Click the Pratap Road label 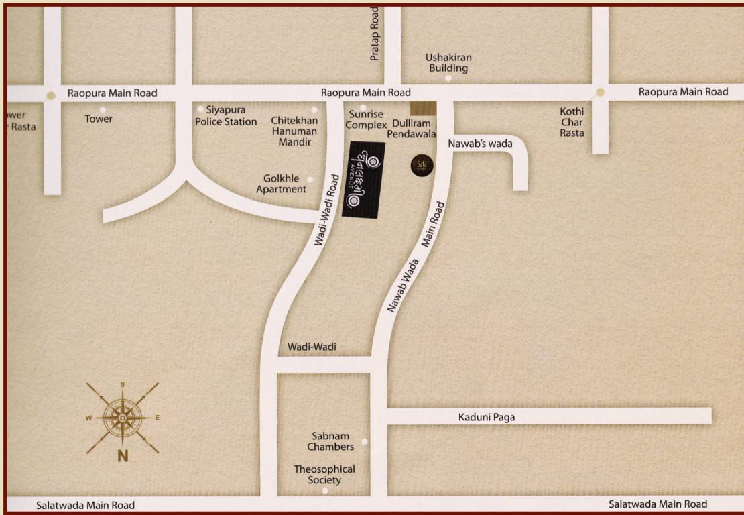click(375, 35)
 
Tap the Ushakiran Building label click(448, 62)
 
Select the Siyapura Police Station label click(226, 115)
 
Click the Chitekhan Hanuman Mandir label click(294, 131)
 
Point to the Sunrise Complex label click(365, 120)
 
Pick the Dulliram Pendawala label click(412, 129)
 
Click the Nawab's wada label click(480, 143)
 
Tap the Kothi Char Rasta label click(573, 122)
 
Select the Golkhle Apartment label click(282, 184)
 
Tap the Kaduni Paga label click(487, 417)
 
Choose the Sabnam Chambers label click(330, 441)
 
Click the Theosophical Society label click(324, 475)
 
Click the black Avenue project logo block click(363, 179)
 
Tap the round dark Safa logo click(422, 164)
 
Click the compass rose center click(123, 418)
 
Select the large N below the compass click(123, 457)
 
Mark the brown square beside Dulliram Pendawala click(423, 108)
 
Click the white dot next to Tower click(103, 109)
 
